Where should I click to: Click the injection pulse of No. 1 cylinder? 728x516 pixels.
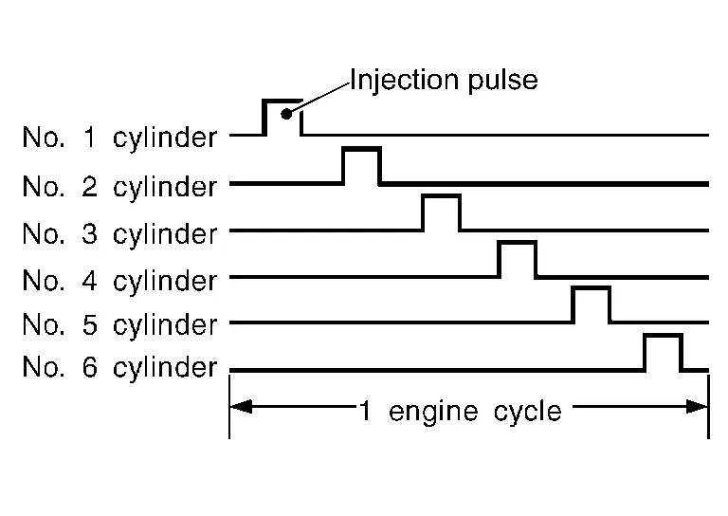click(282, 101)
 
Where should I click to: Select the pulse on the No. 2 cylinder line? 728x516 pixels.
click(362, 149)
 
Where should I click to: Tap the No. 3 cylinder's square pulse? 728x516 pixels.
click(442, 196)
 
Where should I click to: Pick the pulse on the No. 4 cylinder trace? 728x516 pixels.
click(518, 243)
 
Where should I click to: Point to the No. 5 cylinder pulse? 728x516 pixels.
click(591, 288)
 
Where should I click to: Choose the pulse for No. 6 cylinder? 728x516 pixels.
click(663, 336)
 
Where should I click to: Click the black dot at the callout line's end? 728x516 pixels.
click(286, 114)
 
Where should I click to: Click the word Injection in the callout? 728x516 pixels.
click(404, 80)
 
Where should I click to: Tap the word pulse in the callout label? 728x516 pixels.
click(502, 81)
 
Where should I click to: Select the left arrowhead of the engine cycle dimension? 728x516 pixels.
click(241, 407)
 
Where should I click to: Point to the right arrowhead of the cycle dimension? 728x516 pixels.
click(697, 407)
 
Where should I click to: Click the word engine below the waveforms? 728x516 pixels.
click(432, 413)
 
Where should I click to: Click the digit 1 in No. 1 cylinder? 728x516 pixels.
click(90, 137)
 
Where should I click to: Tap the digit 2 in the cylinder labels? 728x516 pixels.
click(90, 186)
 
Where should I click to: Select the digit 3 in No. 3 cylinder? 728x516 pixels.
click(90, 233)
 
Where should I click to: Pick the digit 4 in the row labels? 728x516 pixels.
click(90, 280)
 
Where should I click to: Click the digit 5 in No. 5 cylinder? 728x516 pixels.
click(90, 324)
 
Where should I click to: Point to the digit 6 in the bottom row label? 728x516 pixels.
click(90, 367)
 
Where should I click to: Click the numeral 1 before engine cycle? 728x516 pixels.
click(365, 411)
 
